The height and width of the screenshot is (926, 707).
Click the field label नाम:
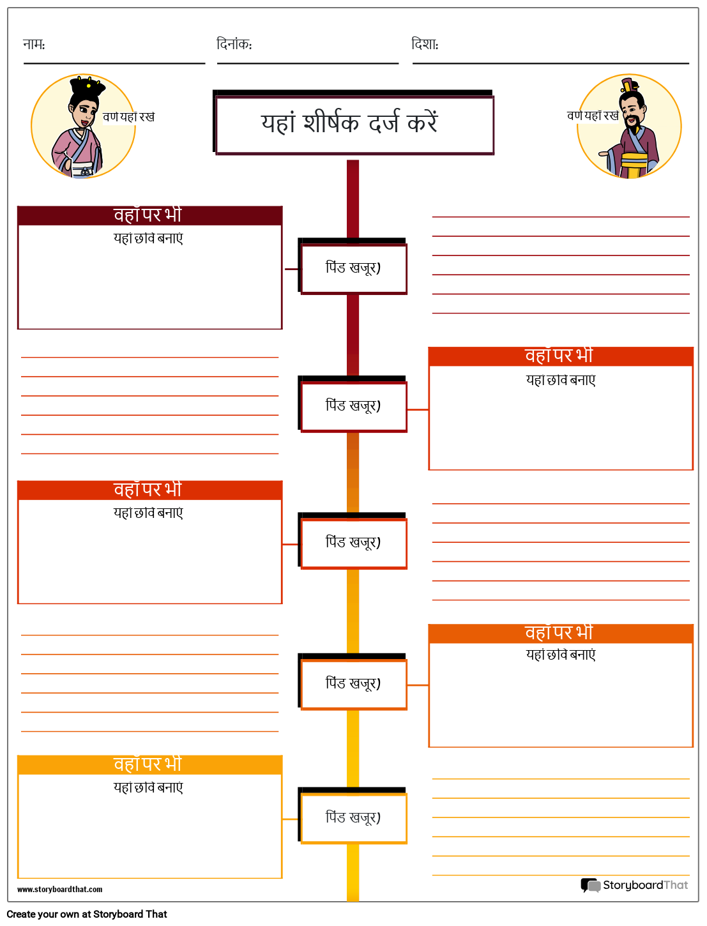point(34,44)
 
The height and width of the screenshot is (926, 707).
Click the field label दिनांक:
point(234,44)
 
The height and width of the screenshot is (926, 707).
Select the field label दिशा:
point(425,44)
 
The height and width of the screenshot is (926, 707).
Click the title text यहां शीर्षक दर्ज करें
point(350,123)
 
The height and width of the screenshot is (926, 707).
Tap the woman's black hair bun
point(87,86)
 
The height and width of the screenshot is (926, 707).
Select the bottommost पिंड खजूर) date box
point(354,819)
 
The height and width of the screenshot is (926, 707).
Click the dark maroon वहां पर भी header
point(149,215)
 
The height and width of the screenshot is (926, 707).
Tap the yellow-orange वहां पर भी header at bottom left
point(149,764)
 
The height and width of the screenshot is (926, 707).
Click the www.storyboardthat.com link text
point(60,890)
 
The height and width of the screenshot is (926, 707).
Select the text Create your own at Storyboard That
point(87,915)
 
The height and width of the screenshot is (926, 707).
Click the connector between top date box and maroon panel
point(291,269)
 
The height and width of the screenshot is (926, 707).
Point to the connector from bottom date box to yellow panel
point(290,819)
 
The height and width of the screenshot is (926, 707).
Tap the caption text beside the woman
point(128,116)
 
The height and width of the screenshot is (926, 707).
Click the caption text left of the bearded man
point(593,115)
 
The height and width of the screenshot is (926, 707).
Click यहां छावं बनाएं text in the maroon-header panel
point(148,238)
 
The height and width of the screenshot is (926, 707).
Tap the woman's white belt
point(82,170)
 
